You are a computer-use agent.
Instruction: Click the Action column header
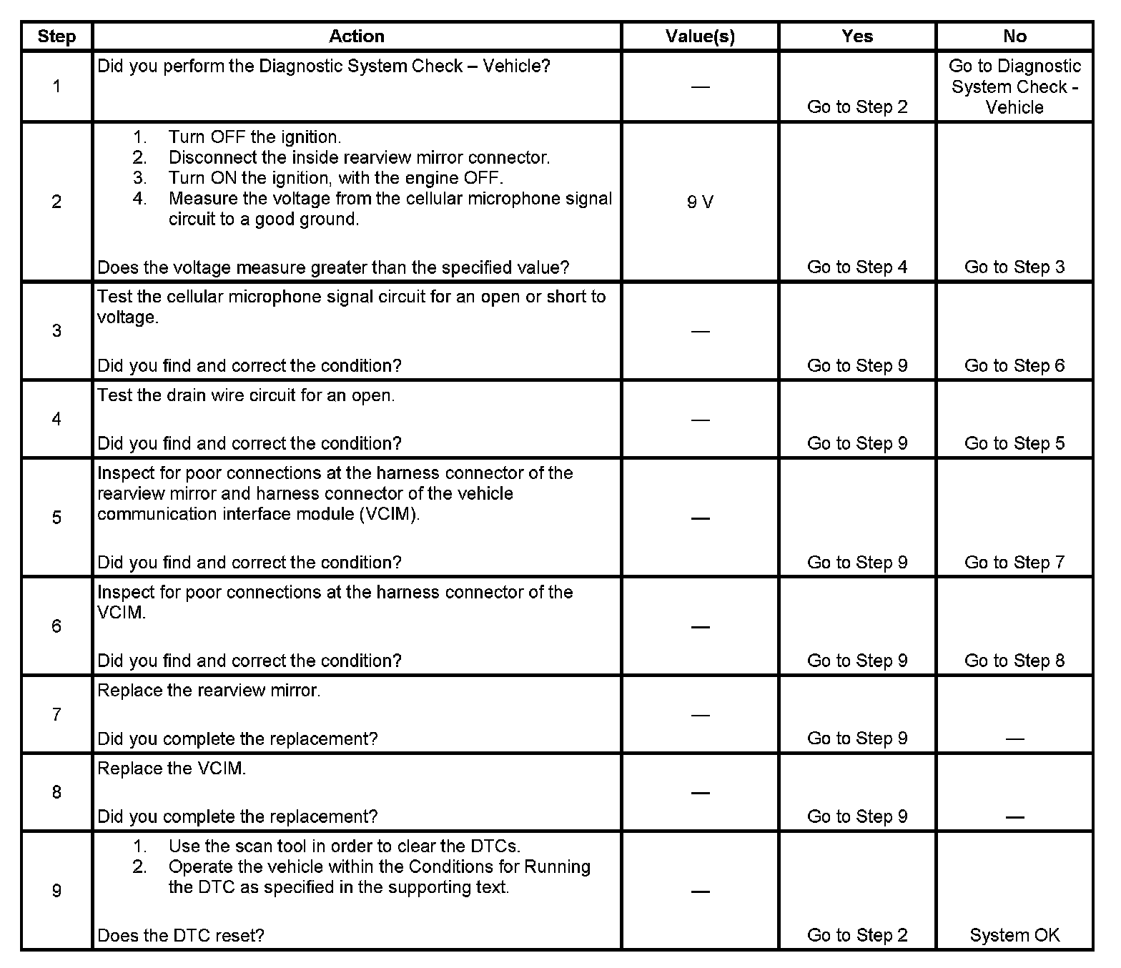pyautogui.click(x=357, y=36)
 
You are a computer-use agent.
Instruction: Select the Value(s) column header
pyautogui.click(x=700, y=36)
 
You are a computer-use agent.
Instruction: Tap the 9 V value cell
pyautogui.click(x=700, y=202)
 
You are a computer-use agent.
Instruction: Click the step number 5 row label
pyautogui.click(x=56, y=518)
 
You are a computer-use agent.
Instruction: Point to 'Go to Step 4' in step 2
pyautogui.click(x=857, y=267)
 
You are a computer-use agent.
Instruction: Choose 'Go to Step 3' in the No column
pyautogui.click(x=1014, y=267)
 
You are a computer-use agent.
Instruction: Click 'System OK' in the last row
pyautogui.click(x=1014, y=935)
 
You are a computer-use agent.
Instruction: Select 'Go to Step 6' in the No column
pyautogui.click(x=1014, y=366)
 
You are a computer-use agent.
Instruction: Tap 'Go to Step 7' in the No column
pyautogui.click(x=1014, y=563)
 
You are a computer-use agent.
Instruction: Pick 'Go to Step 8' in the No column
pyautogui.click(x=1014, y=661)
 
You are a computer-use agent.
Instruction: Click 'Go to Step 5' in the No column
pyautogui.click(x=1014, y=443)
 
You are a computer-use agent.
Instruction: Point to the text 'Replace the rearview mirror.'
pyautogui.click(x=209, y=691)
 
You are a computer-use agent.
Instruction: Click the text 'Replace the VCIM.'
pyautogui.click(x=172, y=769)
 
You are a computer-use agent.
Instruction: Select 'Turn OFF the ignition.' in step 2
pyautogui.click(x=255, y=137)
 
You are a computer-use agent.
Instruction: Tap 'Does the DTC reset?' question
pyautogui.click(x=181, y=935)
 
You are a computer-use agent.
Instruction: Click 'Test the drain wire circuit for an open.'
pyautogui.click(x=246, y=395)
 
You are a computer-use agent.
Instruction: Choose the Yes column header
pyautogui.click(x=857, y=36)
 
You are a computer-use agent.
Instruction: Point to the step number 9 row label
pyautogui.click(x=56, y=891)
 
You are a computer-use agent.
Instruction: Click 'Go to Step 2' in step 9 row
pyautogui.click(x=857, y=935)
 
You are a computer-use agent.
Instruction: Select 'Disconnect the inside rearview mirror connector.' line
pyautogui.click(x=359, y=158)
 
